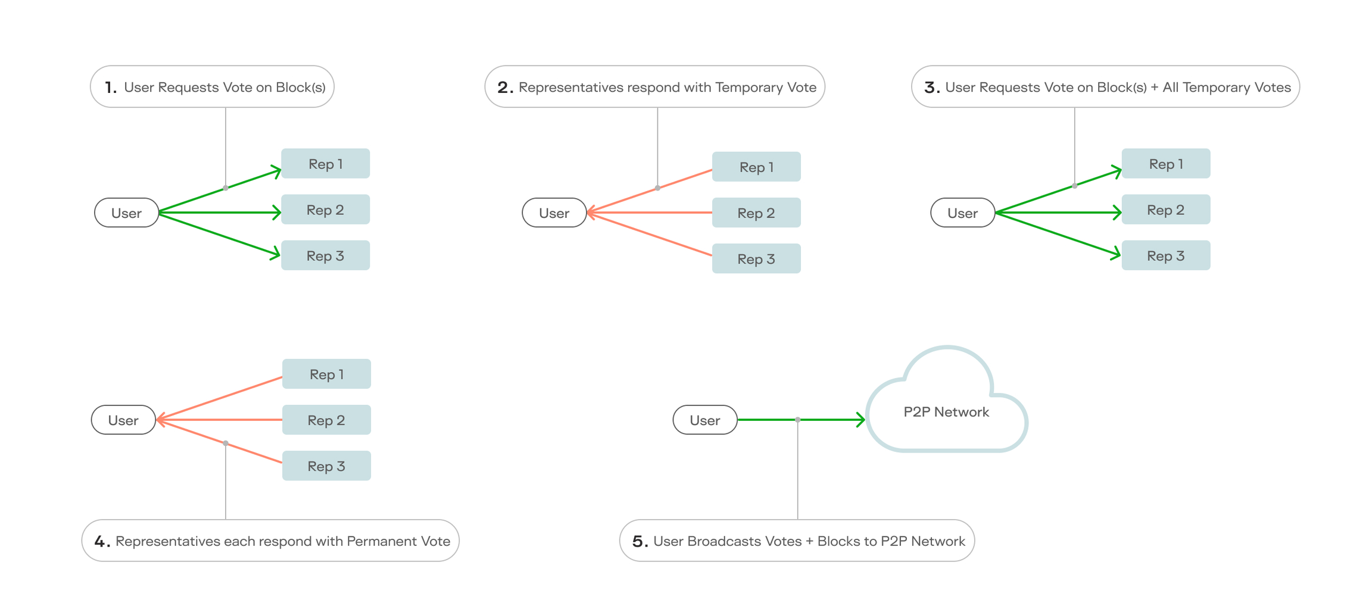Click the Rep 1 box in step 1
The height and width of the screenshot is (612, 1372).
[325, 164]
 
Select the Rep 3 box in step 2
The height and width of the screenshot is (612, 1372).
[756, 259]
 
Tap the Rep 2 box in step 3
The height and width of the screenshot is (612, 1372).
[1165, 210]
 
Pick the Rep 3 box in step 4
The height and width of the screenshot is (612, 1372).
[326, 466]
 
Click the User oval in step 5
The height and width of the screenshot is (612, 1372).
[704, 420]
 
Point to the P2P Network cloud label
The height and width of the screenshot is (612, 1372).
[946, 412]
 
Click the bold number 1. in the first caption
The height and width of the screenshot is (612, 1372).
[110, 88]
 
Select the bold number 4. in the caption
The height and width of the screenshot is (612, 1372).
[102, 542]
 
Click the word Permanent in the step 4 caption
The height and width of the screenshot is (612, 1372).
[382, 541]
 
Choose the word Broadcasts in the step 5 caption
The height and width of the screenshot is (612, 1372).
[723, 541]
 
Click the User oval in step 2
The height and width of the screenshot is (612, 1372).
[554, 213]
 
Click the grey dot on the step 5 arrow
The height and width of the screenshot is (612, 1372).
[797, 420]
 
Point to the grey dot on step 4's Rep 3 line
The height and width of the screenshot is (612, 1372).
[226, 443]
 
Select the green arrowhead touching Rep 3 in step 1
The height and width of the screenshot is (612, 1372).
[276, 254]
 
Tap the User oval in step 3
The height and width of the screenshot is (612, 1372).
[962, 213]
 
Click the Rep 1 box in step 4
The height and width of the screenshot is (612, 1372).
[326, 374]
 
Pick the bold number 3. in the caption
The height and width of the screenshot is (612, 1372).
[931, 88]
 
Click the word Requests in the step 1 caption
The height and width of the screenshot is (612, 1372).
[188, 88]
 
